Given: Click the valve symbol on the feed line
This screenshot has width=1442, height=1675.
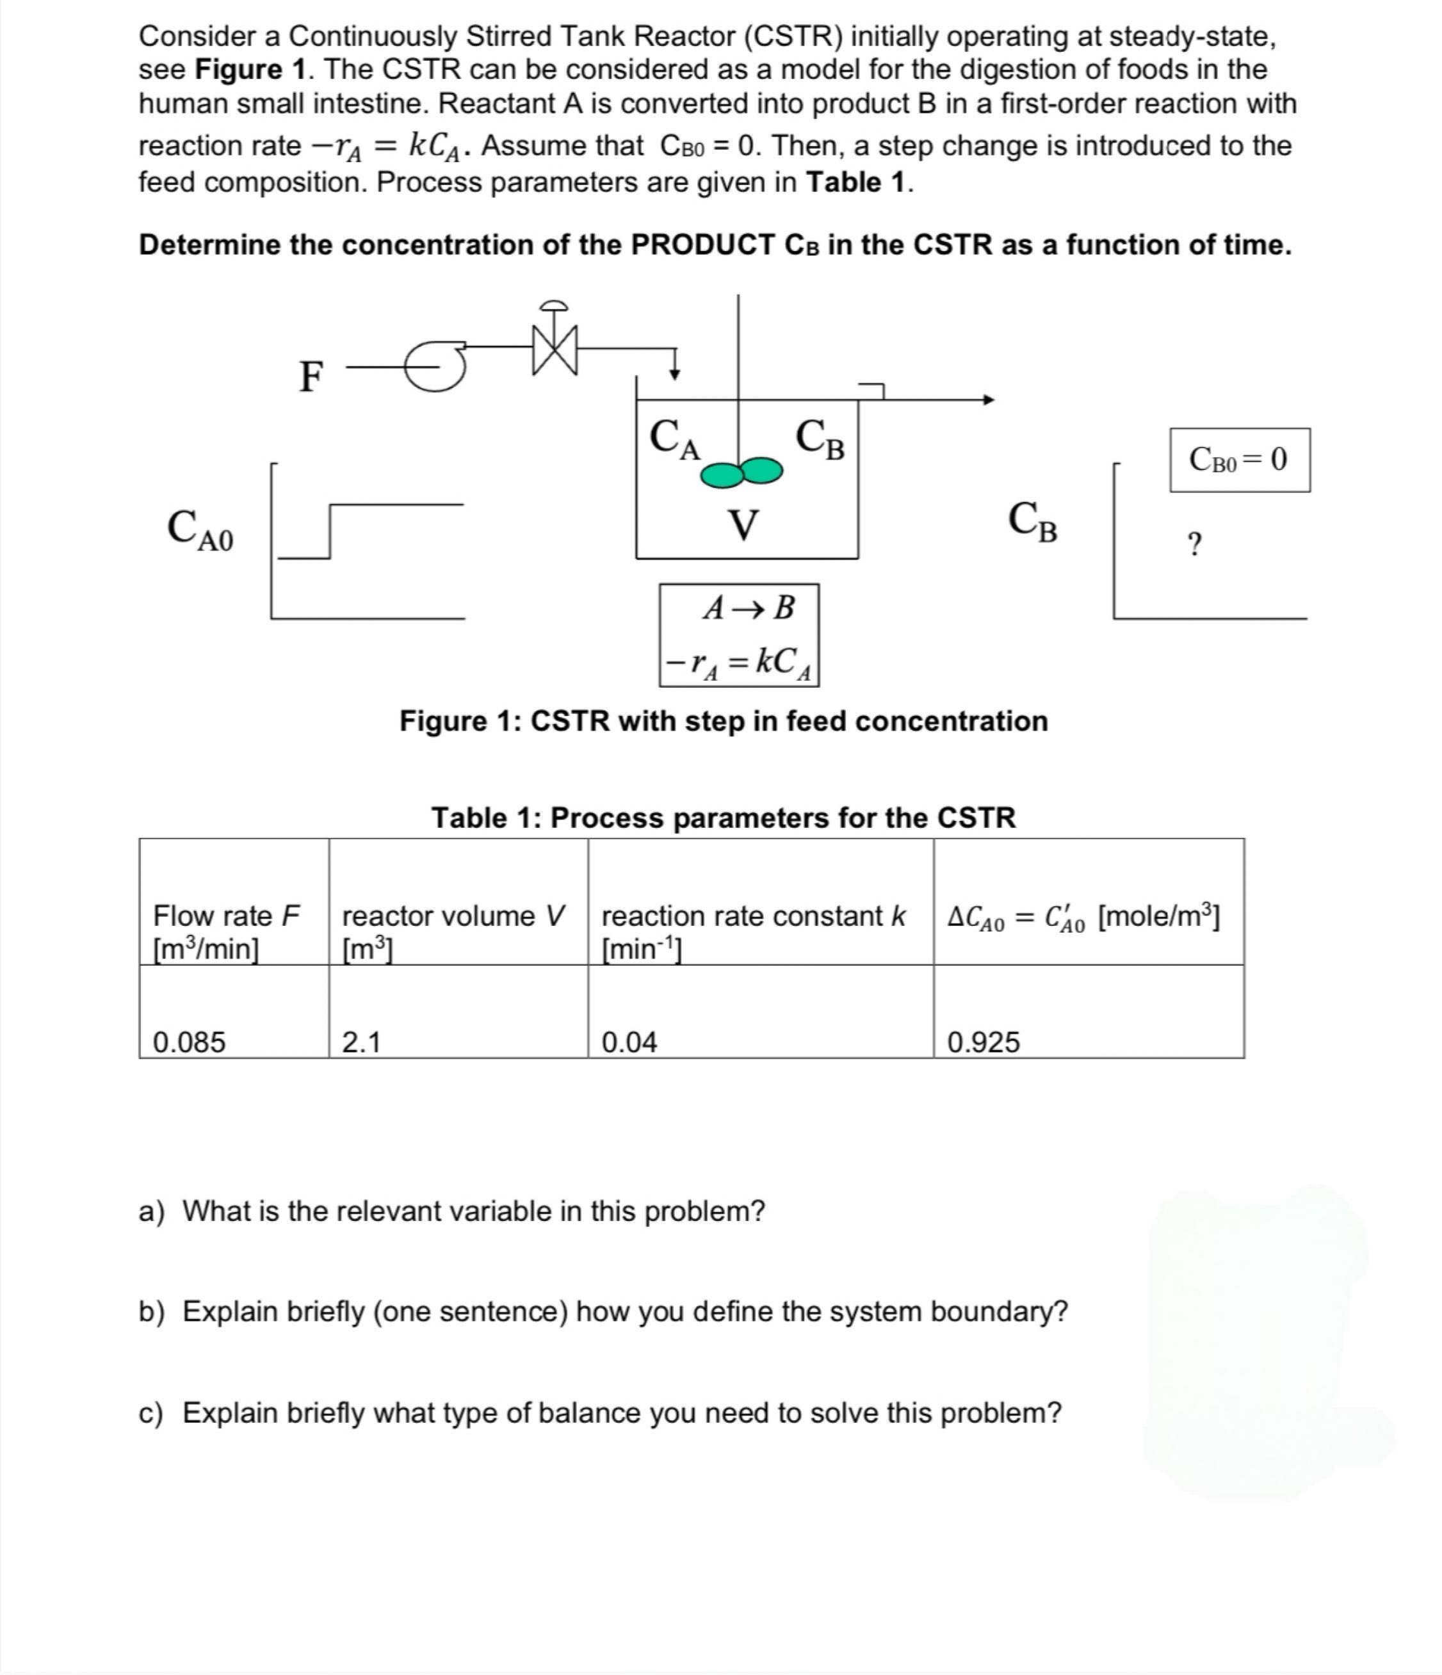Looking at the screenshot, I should click(x=555, y=348).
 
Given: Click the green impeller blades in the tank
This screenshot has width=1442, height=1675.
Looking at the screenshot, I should click(x=740, y=473).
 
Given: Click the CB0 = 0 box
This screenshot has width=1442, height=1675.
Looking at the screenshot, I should click(x=1239, y=460).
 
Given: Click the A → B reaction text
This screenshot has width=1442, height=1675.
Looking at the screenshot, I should click(x=749, y=607).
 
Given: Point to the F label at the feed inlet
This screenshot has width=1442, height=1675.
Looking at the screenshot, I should click(x=311, y=376).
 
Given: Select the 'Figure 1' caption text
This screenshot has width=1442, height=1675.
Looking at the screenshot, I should click(x=724, y=720).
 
